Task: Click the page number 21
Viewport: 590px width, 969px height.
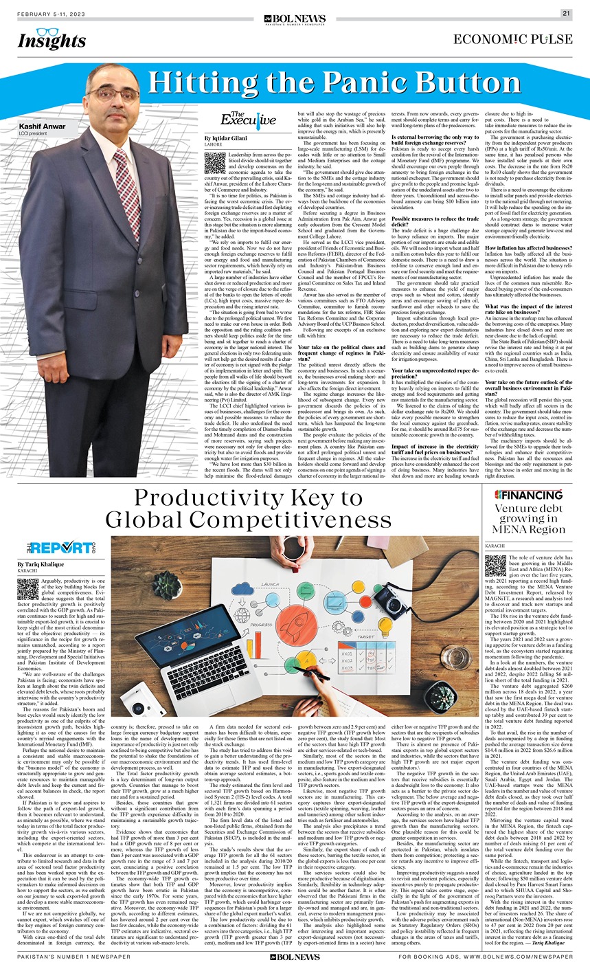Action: coord(566,12)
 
